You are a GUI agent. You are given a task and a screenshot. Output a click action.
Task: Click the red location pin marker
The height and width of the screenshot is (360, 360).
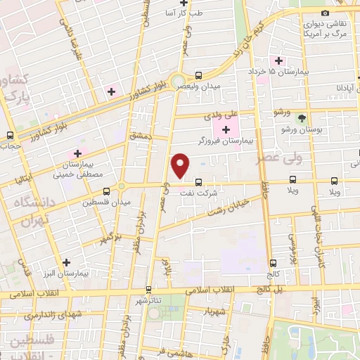181,165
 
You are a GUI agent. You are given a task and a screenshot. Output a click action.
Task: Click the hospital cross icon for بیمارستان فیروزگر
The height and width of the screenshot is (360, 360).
226,129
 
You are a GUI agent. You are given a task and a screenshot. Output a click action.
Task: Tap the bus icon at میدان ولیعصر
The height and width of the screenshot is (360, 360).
199,75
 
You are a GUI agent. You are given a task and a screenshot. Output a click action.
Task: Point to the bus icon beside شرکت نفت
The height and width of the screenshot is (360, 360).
199,181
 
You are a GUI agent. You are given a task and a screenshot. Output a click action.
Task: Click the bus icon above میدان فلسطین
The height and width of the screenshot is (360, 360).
107,191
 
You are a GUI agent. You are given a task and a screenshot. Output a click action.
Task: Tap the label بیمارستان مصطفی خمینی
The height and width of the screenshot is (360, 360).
79,168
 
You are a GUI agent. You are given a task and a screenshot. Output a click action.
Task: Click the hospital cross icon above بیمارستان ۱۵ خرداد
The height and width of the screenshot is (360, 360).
280,60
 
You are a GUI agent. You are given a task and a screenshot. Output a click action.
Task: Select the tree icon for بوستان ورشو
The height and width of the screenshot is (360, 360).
302,118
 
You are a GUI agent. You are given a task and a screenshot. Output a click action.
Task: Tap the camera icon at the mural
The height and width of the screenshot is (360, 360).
324,13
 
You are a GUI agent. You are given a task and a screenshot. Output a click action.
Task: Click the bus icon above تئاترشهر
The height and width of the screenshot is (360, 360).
148,289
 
